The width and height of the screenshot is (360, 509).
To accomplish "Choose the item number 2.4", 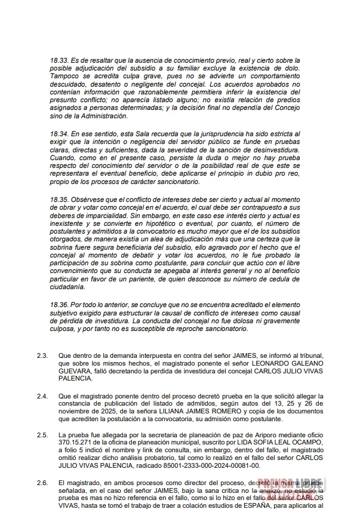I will (42, 396).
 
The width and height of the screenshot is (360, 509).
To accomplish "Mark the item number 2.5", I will (42, 434).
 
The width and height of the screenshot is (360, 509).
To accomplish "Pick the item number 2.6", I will (42, 482).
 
